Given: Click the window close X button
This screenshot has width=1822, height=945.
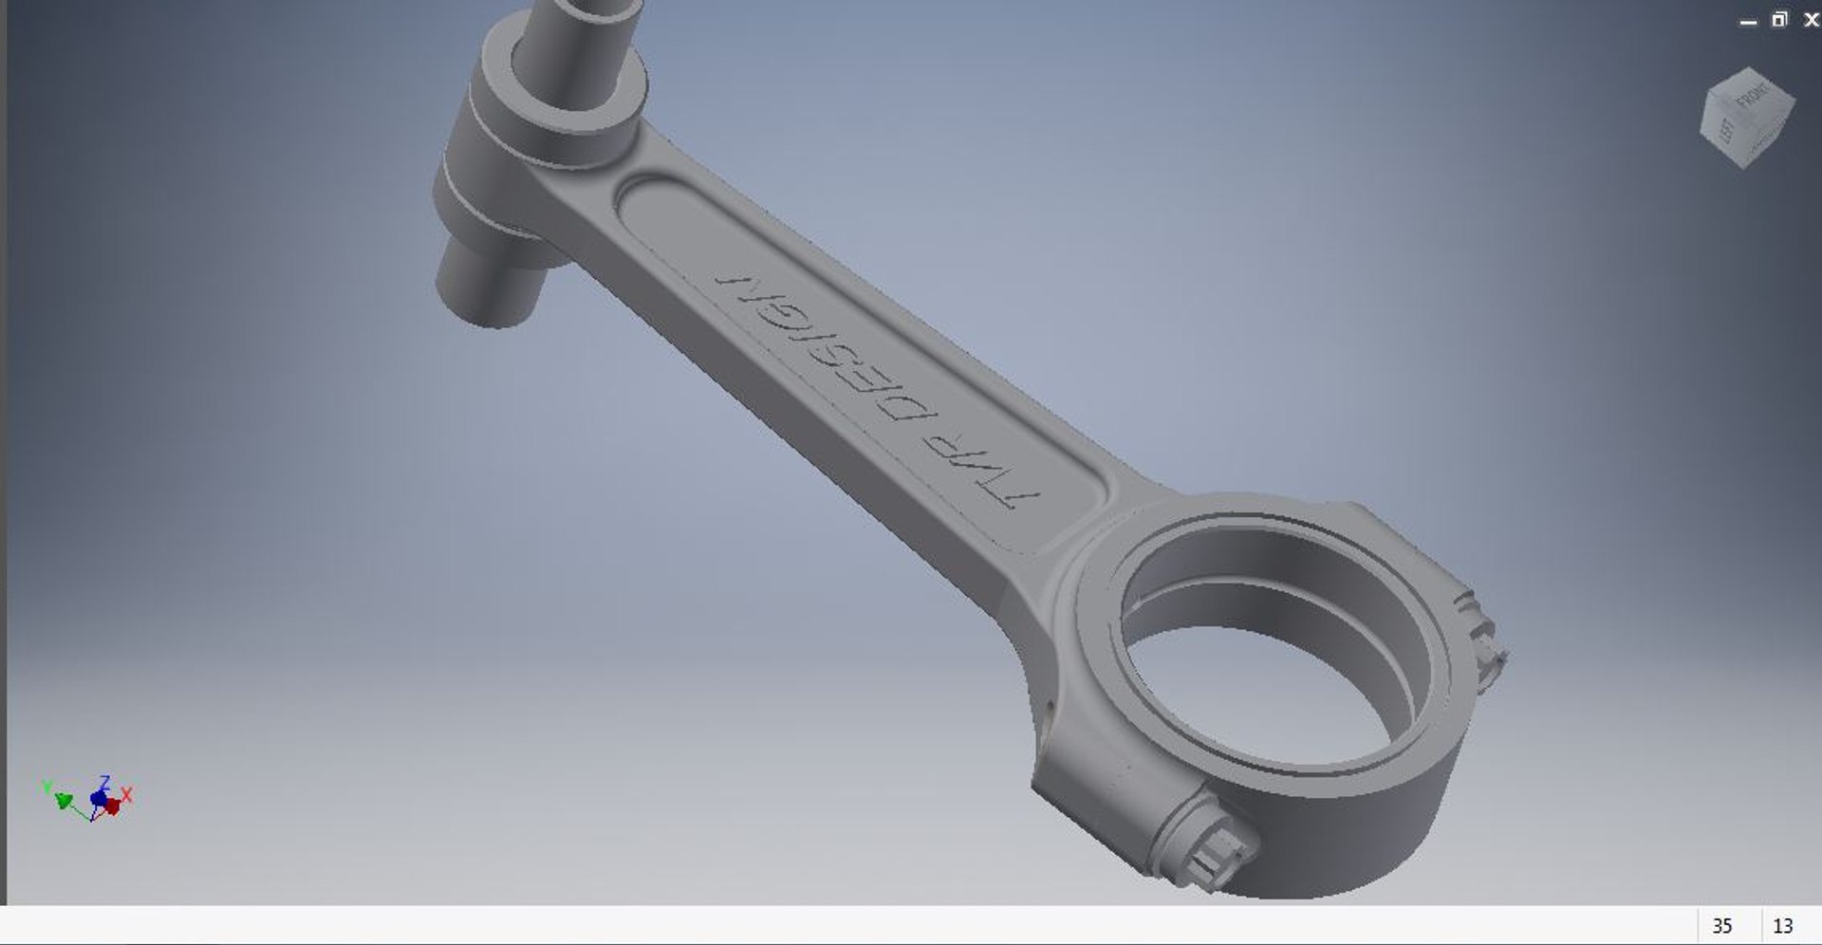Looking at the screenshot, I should [x=1811, y=20].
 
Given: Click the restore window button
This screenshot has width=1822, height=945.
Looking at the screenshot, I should [x=1779, y=20].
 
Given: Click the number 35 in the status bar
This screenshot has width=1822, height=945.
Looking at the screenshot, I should [x=1721, y=926].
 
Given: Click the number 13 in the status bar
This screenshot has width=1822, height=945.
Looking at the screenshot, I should [x=1782, y=926].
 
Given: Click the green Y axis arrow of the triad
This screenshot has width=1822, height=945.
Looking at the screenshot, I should [x=63, y=802].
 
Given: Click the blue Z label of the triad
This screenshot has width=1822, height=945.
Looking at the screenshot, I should [x=104, y=782].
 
